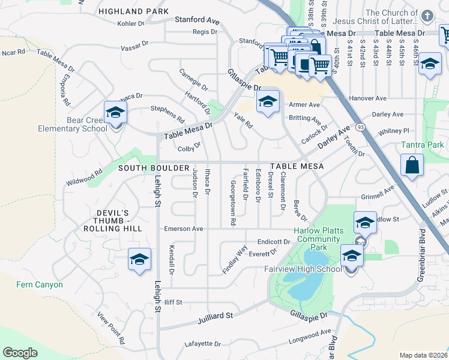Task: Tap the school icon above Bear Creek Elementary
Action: [x=115, y=112]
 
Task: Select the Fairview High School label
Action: [x=303, y=269]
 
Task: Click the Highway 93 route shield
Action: [x=360, y=127]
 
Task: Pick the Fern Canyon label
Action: [x=40, y=284]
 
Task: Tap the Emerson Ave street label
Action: [x=184, y=229]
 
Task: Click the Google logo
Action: [x=20, y=352]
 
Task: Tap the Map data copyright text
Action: [x=424, y=355]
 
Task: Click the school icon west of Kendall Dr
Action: [x=139, y=259]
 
